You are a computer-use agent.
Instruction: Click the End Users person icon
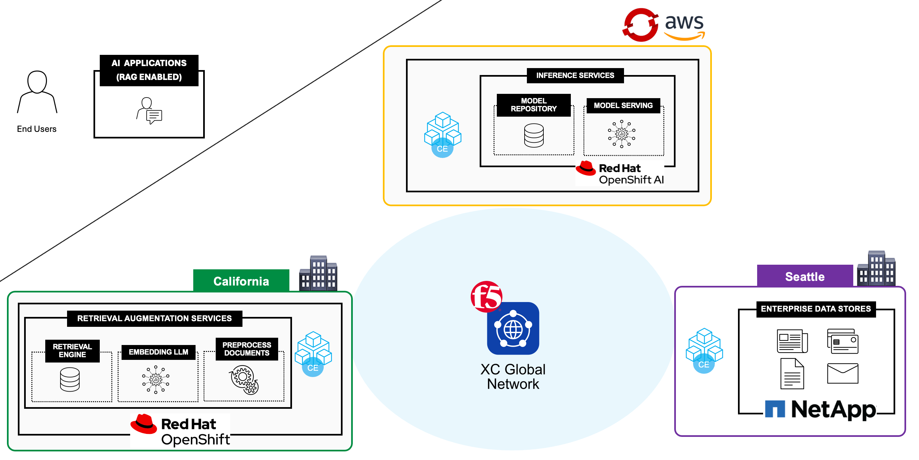[37, 92]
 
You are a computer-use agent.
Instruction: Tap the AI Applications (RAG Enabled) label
[149, 70]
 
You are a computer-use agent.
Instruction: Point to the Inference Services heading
[575, 75]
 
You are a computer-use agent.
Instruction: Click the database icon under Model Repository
[534, 135]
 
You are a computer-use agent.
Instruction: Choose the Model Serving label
[623, 106]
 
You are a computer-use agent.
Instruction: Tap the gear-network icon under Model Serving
[621, 134]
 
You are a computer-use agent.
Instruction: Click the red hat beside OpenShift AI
[586, 168]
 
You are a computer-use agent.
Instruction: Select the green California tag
[241, 281]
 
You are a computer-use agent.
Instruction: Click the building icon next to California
[318, 273]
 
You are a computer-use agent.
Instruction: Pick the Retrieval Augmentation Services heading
[155, 318]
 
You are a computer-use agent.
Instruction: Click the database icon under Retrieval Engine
[70, 379]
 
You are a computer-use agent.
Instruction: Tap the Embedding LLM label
[159, 352]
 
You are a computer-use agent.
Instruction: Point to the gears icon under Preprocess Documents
[244, 379]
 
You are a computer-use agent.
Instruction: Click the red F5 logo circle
[486, 296]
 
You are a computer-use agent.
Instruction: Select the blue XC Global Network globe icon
[513, 329]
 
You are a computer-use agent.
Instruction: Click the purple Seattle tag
[804, 277]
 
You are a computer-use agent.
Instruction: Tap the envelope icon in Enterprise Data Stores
[842, 373]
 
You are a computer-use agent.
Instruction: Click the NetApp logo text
[833, 409]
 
